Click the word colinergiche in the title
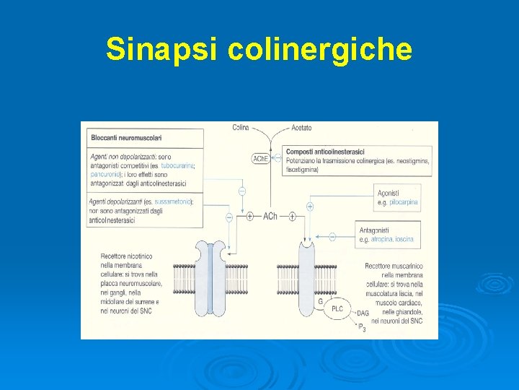point(319,50)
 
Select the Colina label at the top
point(241,128)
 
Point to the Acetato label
point(301,128)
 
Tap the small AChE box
point(260,159)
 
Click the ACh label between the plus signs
point(270,216)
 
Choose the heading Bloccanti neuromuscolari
point(126,137)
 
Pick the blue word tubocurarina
point(177,166)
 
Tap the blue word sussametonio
point(172,201)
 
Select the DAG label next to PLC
point(363,313)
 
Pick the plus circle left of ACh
point(249,216)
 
